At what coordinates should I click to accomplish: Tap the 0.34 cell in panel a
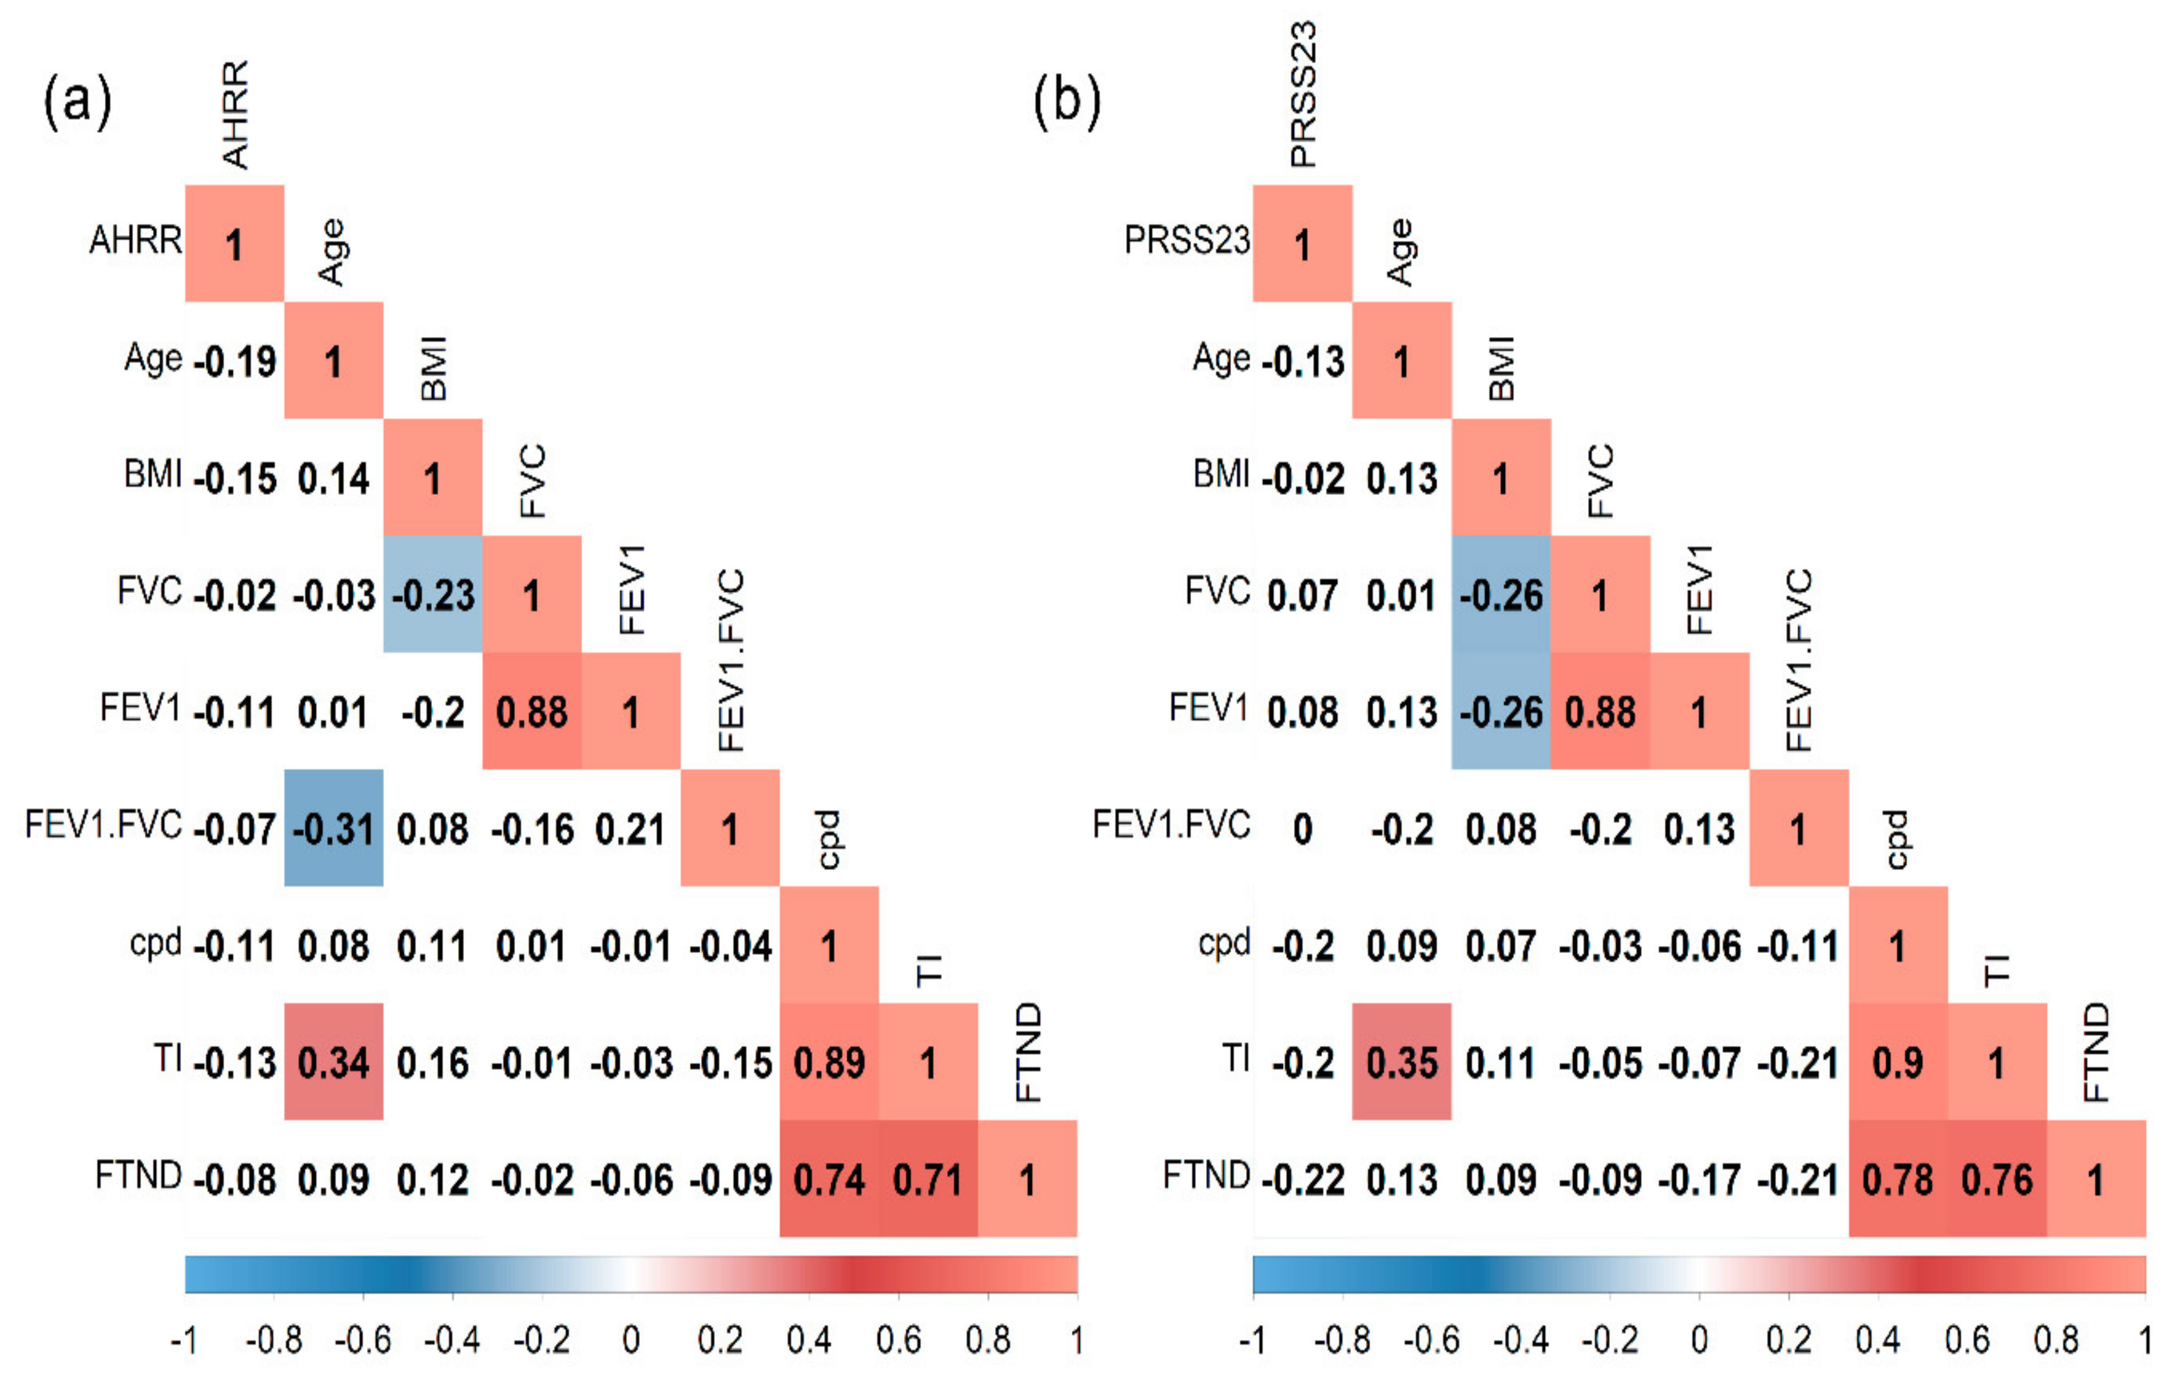click(333, 1062)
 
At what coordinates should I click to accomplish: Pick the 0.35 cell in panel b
click(1401, 1062)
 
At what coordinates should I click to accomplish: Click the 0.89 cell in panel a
click(828, 1062)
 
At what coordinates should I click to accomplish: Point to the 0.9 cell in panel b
click(1898, 1062)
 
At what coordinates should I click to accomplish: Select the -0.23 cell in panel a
click(433, 595)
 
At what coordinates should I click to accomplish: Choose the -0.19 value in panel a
click(235, 361)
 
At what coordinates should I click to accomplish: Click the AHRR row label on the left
click(135, 240)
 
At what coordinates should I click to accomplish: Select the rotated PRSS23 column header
click(1303, 95)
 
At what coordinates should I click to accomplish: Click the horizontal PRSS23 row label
click(1187, 240)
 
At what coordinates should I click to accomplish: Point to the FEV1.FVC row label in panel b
click(1170, 825)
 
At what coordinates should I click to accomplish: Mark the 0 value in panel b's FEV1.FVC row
click(1303, 829)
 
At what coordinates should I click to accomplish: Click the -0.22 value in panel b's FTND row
click(1303, 1180)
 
